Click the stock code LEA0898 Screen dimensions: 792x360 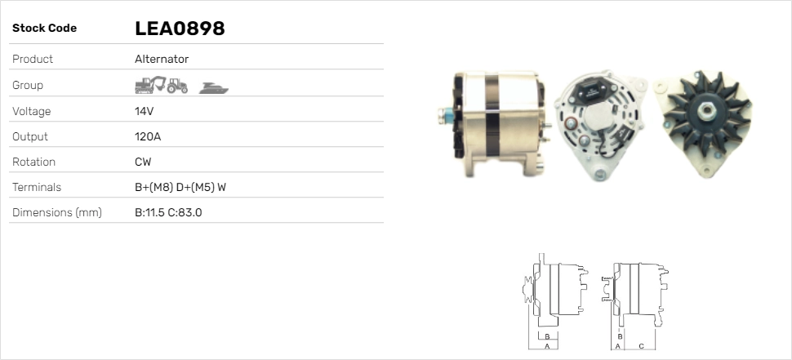tap(180, 29)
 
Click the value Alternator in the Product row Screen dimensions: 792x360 tap(162, 59)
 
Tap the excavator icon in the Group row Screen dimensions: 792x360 tap(150, 85)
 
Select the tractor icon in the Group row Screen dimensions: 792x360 tap(177, 86)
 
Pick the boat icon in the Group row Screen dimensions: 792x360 tap(214, 88)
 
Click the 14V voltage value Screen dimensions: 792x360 tap(144, 111)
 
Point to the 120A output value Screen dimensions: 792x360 tap(148, 136)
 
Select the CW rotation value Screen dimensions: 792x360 tap(143, 162)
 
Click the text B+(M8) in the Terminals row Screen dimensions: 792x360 tap(154, 187)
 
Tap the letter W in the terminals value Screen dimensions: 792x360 tap(221, 187)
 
